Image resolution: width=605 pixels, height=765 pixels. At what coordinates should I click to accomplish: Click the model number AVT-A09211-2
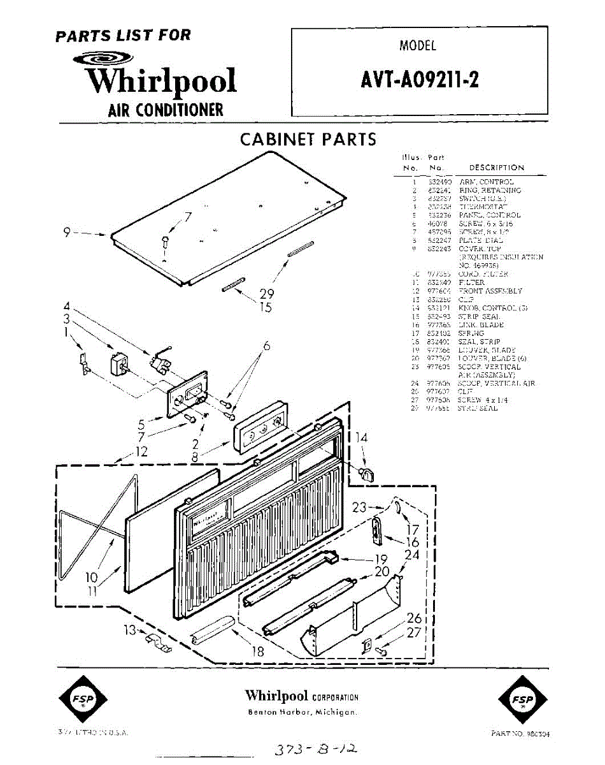tap(420, 80)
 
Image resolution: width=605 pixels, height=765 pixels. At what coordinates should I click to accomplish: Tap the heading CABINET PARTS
tap(308, 140)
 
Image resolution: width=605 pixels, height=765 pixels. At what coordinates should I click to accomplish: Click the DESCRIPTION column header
tap(496, 168)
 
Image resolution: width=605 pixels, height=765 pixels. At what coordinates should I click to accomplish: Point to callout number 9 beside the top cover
tap(66, 233)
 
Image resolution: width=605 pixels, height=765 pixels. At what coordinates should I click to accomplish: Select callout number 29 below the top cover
tap(267, 294)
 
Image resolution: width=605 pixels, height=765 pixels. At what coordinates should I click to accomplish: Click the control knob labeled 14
tap(366, 473)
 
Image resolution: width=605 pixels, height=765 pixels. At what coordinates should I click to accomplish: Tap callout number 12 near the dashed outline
tap(141, 452)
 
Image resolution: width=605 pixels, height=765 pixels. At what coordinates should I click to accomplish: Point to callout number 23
tap(360, 507)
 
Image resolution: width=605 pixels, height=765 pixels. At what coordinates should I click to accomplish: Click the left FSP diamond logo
tap(83, 703)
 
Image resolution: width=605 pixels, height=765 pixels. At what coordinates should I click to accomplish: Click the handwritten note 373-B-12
tap(310, 750)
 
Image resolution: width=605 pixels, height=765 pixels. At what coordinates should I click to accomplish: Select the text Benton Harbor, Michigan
tap(302, 712)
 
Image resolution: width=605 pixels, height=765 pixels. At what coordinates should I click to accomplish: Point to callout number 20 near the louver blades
tap(382, 572)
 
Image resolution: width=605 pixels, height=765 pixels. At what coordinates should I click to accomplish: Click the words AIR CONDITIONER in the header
tap(166, 110)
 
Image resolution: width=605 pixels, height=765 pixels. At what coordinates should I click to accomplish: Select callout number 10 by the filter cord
tap(92, 578)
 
